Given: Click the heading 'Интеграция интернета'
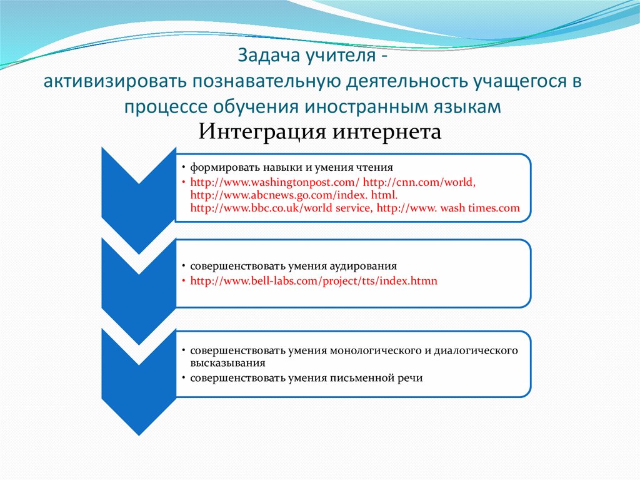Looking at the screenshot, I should (x=319, y=132).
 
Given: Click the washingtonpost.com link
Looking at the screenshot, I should (x=275, y=182).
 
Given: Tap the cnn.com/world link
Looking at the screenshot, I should (x=419, y=182).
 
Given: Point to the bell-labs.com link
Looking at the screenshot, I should (x=314, y=281).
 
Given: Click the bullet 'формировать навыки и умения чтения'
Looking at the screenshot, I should (x=291, y=168).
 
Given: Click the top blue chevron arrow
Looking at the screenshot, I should (x=137, y=188).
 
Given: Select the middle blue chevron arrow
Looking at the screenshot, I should (x=137, y=275).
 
